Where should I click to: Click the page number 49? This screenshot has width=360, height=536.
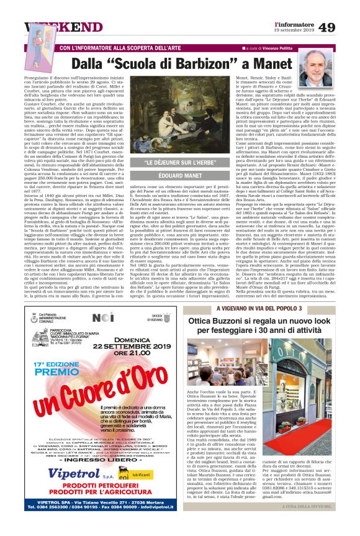click(x=343, y=27)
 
